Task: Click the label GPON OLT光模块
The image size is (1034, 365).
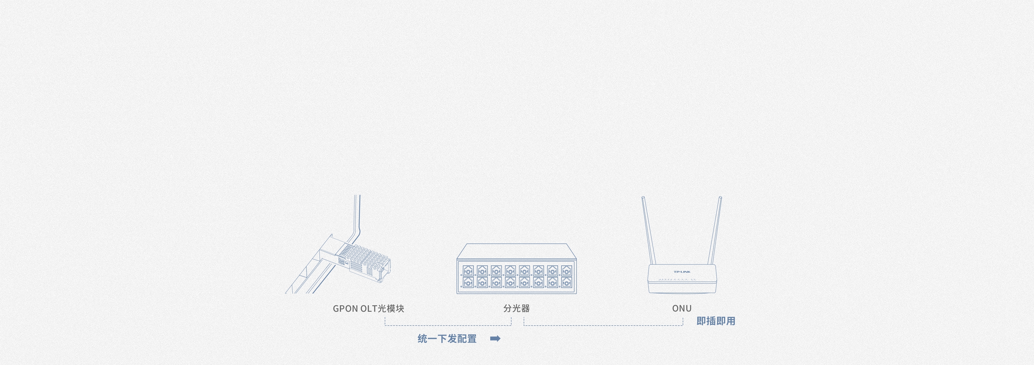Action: tap(368, 309)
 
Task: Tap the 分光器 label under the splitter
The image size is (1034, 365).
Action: tap(517, 309)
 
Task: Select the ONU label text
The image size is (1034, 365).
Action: tap(682, 309)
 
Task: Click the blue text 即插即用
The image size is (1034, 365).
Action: tap(716, 321)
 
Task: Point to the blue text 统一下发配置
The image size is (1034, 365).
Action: tap(447, 339)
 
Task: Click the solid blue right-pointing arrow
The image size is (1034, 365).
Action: tap(495, 338)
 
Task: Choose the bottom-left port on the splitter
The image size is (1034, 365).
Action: tap(468, 282)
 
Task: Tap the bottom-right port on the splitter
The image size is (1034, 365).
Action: tap(566, 282)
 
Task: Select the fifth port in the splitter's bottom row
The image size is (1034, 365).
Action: tap(524, 282)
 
